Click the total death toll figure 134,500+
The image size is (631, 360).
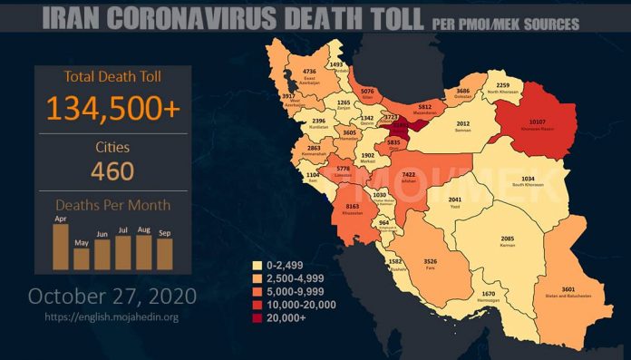coord(113,108)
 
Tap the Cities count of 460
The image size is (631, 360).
coord(113,170)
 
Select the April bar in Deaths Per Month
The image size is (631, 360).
coord(61,247)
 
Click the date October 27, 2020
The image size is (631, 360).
coord(112,296)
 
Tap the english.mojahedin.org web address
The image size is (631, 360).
coord(112,317)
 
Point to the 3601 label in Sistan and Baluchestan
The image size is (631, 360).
coord(569,289)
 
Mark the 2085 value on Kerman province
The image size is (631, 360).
coord(508,238)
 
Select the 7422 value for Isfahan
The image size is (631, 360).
coord(408,173)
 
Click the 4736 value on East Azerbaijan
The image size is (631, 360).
coord(309,71)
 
